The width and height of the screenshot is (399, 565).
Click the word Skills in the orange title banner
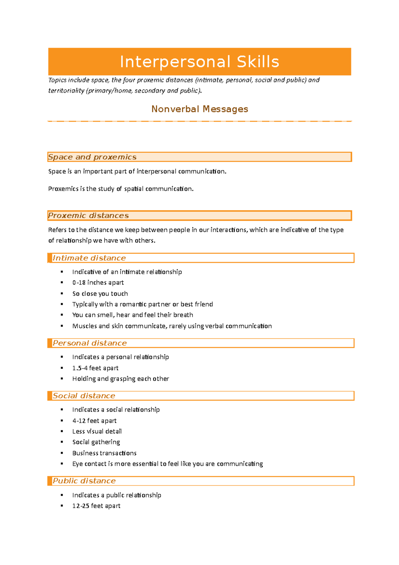coord(258,62)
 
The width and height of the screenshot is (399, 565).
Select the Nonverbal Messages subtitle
coord(199,109)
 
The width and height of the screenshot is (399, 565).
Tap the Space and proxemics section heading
coord(92,157)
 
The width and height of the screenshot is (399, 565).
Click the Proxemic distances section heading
coord(88,216)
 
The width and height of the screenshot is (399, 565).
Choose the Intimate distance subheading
coord(89,258)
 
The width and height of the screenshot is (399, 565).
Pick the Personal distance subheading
coord(90,343)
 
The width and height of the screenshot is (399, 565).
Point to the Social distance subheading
coord(84,396)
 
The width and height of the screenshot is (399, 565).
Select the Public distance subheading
coord(84,481)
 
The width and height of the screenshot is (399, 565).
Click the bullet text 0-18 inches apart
coord(98,282)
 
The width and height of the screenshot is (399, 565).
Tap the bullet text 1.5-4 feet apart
coord(95,368)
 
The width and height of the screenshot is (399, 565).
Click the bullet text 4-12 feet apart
coord(94,421)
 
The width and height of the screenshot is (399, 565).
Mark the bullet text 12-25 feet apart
coord(96,506)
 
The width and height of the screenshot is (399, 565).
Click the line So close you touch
coord(100,293)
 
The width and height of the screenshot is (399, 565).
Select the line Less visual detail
coord(97,431)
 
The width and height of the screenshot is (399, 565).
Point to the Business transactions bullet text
coord(104,453)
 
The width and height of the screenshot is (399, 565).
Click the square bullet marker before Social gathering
coord(62,442)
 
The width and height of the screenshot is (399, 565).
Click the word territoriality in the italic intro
coord(66,91)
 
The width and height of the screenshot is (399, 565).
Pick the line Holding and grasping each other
coord(120,379)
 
